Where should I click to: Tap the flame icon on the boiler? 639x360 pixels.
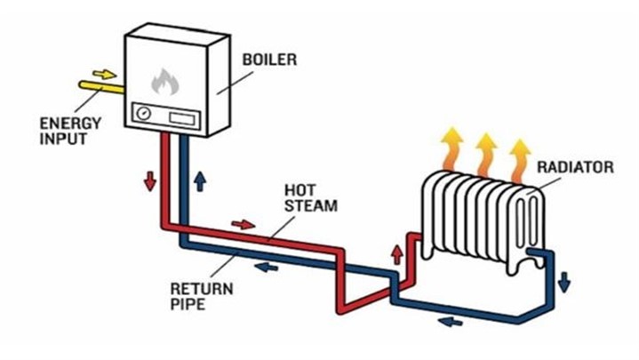(x=164, y=83)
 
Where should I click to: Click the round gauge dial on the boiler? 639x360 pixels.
(x=142, y=114)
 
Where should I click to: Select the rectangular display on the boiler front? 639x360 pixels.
(x=183, y=116)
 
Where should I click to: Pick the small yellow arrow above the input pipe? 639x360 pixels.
(x=104, y=73)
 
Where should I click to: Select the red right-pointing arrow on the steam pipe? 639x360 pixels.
(x=242, y=224)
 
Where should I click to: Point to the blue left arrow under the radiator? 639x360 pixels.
(x=451, y=321)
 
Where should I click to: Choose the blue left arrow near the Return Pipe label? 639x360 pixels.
(x=263, y=265)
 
